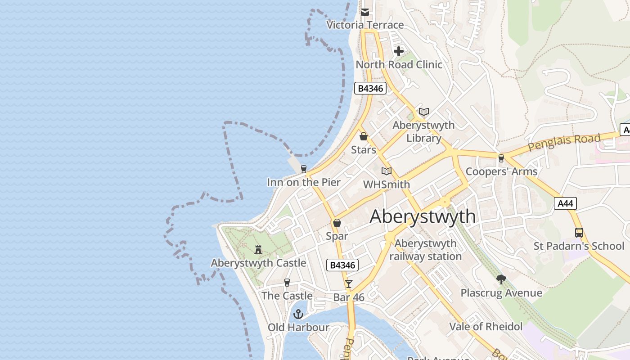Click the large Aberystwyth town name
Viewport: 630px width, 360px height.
[x=423, y=216]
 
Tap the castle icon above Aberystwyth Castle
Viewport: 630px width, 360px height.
[x=258, y=249]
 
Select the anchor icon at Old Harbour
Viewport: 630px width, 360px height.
[x=298, y=314]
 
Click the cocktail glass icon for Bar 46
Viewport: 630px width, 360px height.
[x=348, y=283]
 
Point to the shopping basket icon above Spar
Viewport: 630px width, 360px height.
[x=337, y=223]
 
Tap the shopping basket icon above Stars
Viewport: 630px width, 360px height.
[x=363, y=136]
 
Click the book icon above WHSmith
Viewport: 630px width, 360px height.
[x=386, y=171]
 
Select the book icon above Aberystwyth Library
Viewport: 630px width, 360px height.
[x=423, y=112]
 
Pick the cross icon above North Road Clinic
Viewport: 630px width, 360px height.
[x=398, y=51]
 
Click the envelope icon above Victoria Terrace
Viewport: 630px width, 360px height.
[x=365, y=12]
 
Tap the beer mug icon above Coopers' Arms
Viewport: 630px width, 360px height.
[x=501, y=158]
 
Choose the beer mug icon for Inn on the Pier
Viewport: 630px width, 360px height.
[x=304, y=169]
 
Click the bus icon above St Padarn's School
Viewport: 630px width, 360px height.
[x=579, y=233]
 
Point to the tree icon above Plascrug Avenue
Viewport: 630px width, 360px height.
[x=501, y=279]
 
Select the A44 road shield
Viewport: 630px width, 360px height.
[x=565, y=203]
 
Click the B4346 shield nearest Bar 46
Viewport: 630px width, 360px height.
[x=342, y=265]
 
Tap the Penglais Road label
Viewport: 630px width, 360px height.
[x=564, y=142]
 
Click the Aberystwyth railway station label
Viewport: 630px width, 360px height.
[x=425, y=250]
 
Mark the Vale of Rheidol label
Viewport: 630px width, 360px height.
[x=486, y=326]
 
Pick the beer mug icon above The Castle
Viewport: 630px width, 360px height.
[x=287, y=283]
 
